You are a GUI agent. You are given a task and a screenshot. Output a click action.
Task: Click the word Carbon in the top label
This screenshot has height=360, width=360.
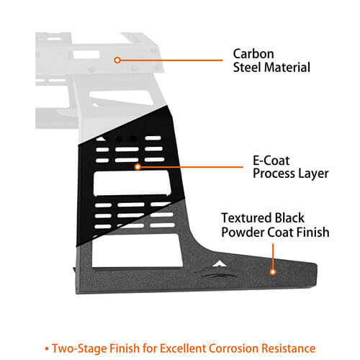pos(253,54)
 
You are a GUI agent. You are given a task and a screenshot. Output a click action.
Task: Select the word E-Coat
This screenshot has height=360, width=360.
pos(271,161)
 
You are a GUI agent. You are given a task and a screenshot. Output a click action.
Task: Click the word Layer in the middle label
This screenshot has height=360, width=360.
pos(313,174)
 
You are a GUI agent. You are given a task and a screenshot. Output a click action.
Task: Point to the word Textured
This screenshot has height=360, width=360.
pos(246,218)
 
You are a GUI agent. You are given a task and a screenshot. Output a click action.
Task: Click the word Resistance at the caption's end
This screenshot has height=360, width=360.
pos(289,348)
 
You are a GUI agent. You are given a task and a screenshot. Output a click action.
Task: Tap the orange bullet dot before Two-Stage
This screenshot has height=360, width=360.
pos(47,348)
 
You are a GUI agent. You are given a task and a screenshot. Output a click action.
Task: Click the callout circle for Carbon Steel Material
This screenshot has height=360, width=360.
pos(117,60)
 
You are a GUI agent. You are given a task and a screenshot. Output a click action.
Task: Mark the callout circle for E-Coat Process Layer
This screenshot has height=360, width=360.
pos(138,166)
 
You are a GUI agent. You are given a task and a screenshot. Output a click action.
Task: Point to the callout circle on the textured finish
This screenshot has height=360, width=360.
pos(273,272)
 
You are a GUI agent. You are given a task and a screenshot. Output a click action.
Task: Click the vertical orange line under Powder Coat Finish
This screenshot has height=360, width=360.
pos(273,256)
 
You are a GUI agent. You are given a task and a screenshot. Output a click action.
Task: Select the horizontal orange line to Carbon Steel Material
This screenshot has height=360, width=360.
pos(171,60)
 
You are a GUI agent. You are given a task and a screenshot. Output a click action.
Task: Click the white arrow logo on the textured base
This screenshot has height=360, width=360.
pos(219,264)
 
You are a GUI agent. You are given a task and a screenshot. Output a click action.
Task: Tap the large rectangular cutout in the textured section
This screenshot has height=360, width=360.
pos(136,251)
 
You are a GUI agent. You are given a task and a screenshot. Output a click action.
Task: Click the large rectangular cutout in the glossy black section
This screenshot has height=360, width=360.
pos(132,183)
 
